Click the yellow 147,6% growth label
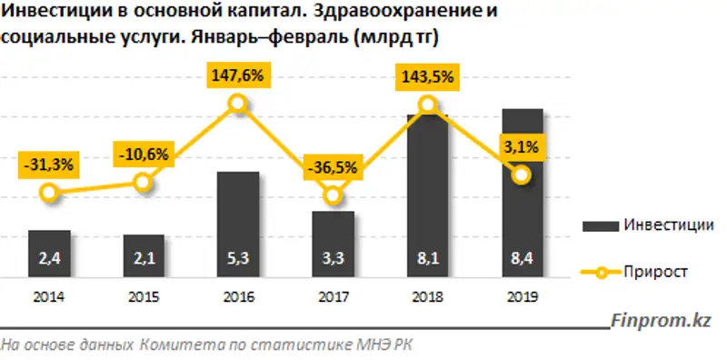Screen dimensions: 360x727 [x=238, y=76]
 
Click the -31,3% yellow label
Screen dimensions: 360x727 [x=50, y=165]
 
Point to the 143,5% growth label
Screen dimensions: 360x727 [x=426, y=77]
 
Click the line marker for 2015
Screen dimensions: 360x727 [x=144, y=183]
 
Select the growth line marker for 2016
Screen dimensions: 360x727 [x=238, y=104]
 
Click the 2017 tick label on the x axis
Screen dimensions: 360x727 [x=333, y=296]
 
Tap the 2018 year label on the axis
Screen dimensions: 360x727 [x=426, y=296]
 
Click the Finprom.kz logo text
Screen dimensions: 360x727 [x=661, y=320]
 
